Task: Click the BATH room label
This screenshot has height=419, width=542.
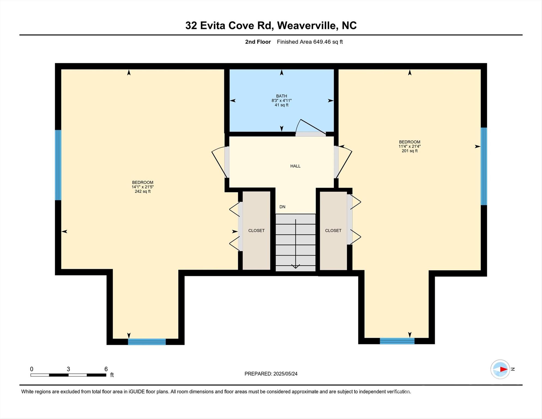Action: pos(281,96)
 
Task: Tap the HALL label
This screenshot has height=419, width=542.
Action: pos(295,166)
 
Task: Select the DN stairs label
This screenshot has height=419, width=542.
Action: pos(282,207)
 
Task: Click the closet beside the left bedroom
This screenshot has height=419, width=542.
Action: pos(256,231)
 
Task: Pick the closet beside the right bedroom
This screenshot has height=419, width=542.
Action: pos(333,231)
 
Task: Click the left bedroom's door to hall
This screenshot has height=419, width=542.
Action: pos(220,163)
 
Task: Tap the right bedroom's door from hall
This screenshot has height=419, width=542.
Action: pos(344,163)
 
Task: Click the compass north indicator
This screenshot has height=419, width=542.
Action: pos(503,369)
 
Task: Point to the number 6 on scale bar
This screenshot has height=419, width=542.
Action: pos(106,369)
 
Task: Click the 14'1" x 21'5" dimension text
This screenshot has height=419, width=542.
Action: pos(143,187)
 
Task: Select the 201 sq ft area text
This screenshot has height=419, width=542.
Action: pos(409,151)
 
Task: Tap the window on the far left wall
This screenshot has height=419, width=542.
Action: pos(58,165)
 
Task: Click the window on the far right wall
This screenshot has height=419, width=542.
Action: pos(484,166)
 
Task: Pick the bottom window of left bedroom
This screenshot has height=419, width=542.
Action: pos(147,342)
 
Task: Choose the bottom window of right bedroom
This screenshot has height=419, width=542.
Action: pos(397,341)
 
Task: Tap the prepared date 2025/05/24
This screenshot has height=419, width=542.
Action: pos(285,374)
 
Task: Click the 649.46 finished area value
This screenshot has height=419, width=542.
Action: pos(322,42)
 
